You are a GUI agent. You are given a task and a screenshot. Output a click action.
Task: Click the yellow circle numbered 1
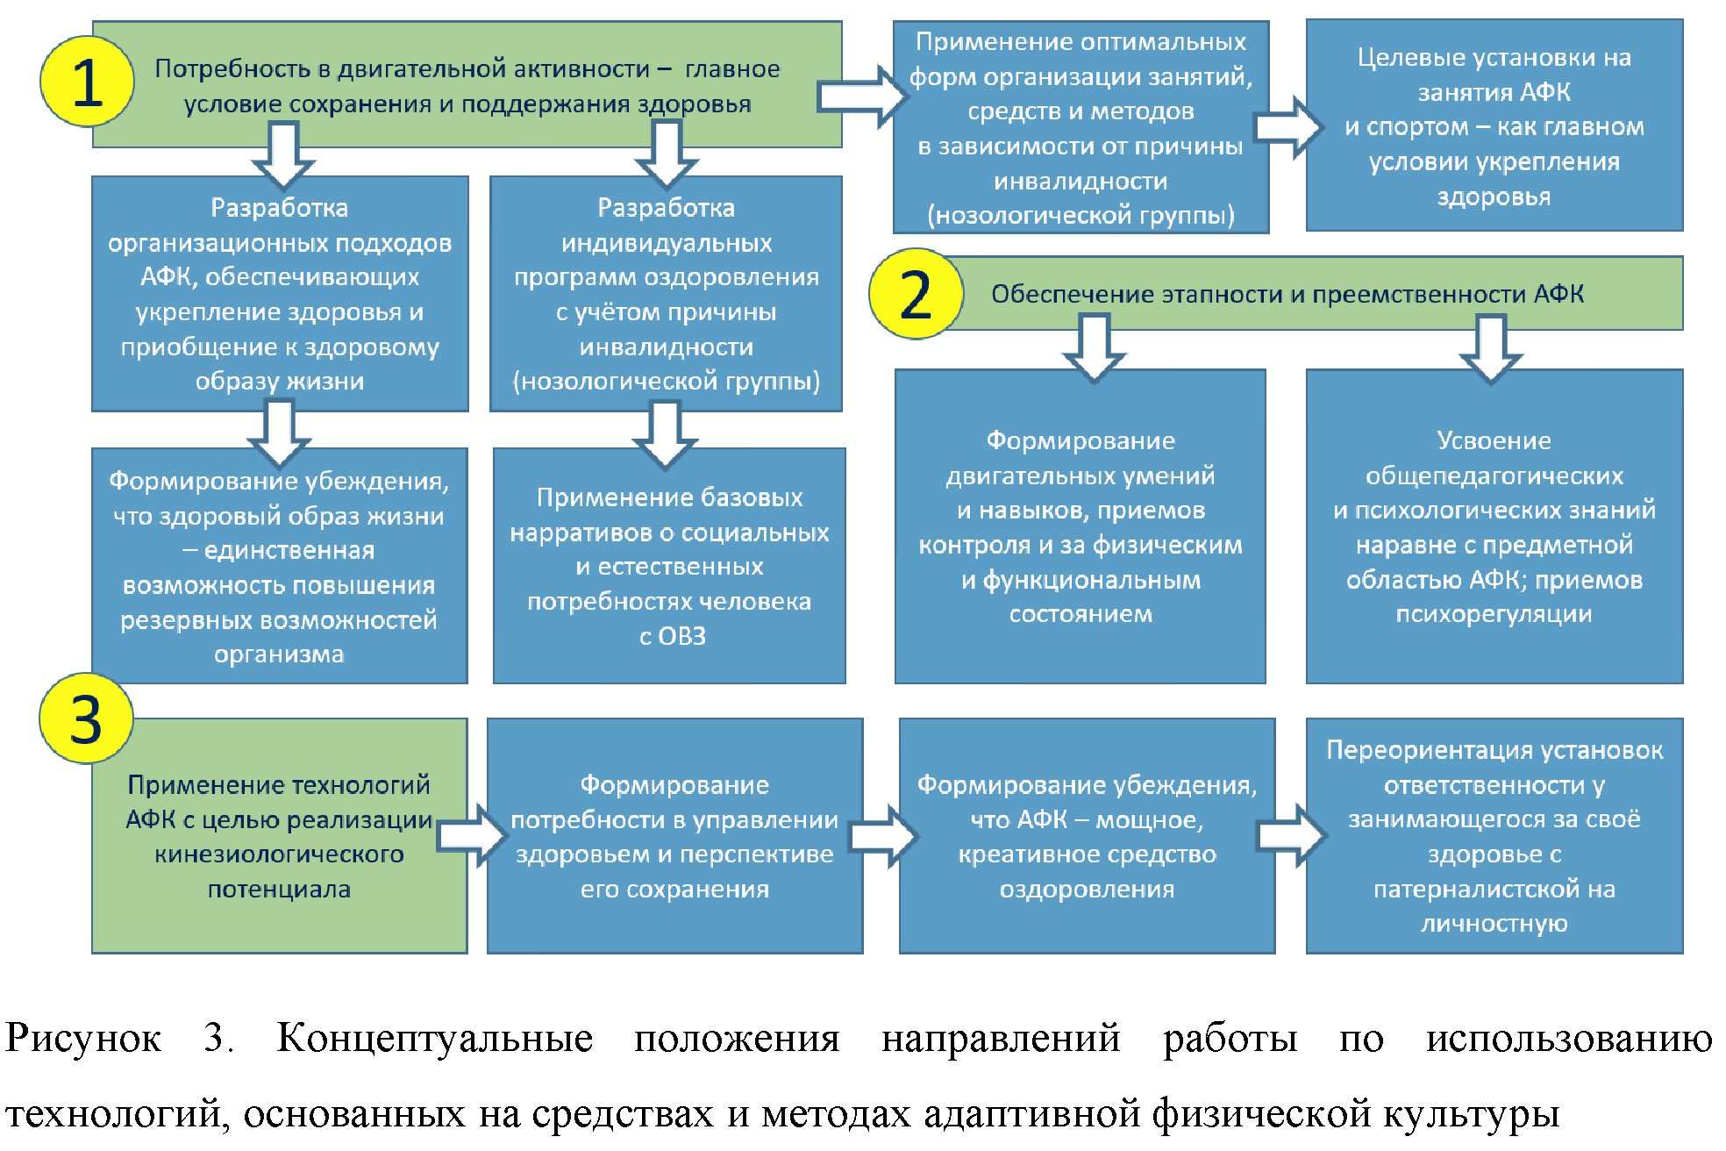tap(87, 82)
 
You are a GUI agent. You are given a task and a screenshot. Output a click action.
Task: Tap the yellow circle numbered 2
tap(916, 294)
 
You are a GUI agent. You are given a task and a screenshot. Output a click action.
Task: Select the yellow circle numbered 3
tap(86, 718)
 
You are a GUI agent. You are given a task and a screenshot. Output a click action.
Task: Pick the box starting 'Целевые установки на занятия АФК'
tap(1494, 126)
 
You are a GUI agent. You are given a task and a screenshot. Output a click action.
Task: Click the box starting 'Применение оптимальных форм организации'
tap(1081, 128)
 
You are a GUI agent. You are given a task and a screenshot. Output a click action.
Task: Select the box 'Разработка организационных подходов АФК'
tap(280, 294)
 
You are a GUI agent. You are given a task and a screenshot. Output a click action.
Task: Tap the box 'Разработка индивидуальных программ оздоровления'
tap(666, 294)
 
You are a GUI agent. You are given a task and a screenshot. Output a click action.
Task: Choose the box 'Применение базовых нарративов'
tap(669, 567)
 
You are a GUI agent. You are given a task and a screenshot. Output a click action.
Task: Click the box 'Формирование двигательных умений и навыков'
tap(1080, 526)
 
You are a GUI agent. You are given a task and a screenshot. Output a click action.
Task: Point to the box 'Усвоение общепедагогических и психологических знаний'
tap(1494, 526)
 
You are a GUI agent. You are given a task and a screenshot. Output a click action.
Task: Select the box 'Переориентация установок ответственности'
tap(1494, 835)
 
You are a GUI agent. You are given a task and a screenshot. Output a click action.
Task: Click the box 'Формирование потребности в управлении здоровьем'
tap(674, 835)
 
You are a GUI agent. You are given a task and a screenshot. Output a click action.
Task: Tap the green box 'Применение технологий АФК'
tap(279, 835)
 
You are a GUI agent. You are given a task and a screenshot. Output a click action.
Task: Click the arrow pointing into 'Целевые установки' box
tap(1287, 127)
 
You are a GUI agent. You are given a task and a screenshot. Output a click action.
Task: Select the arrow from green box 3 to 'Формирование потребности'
tap(472, 835)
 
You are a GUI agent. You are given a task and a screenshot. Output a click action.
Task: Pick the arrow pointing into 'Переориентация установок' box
tap(1291, 835)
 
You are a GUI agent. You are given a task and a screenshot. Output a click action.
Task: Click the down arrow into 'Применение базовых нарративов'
tap(666, 433)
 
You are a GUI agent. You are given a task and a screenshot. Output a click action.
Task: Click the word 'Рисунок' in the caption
tap(83, 1038)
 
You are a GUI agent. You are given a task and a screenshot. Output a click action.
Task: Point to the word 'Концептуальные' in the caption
tap(435, 1038)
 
